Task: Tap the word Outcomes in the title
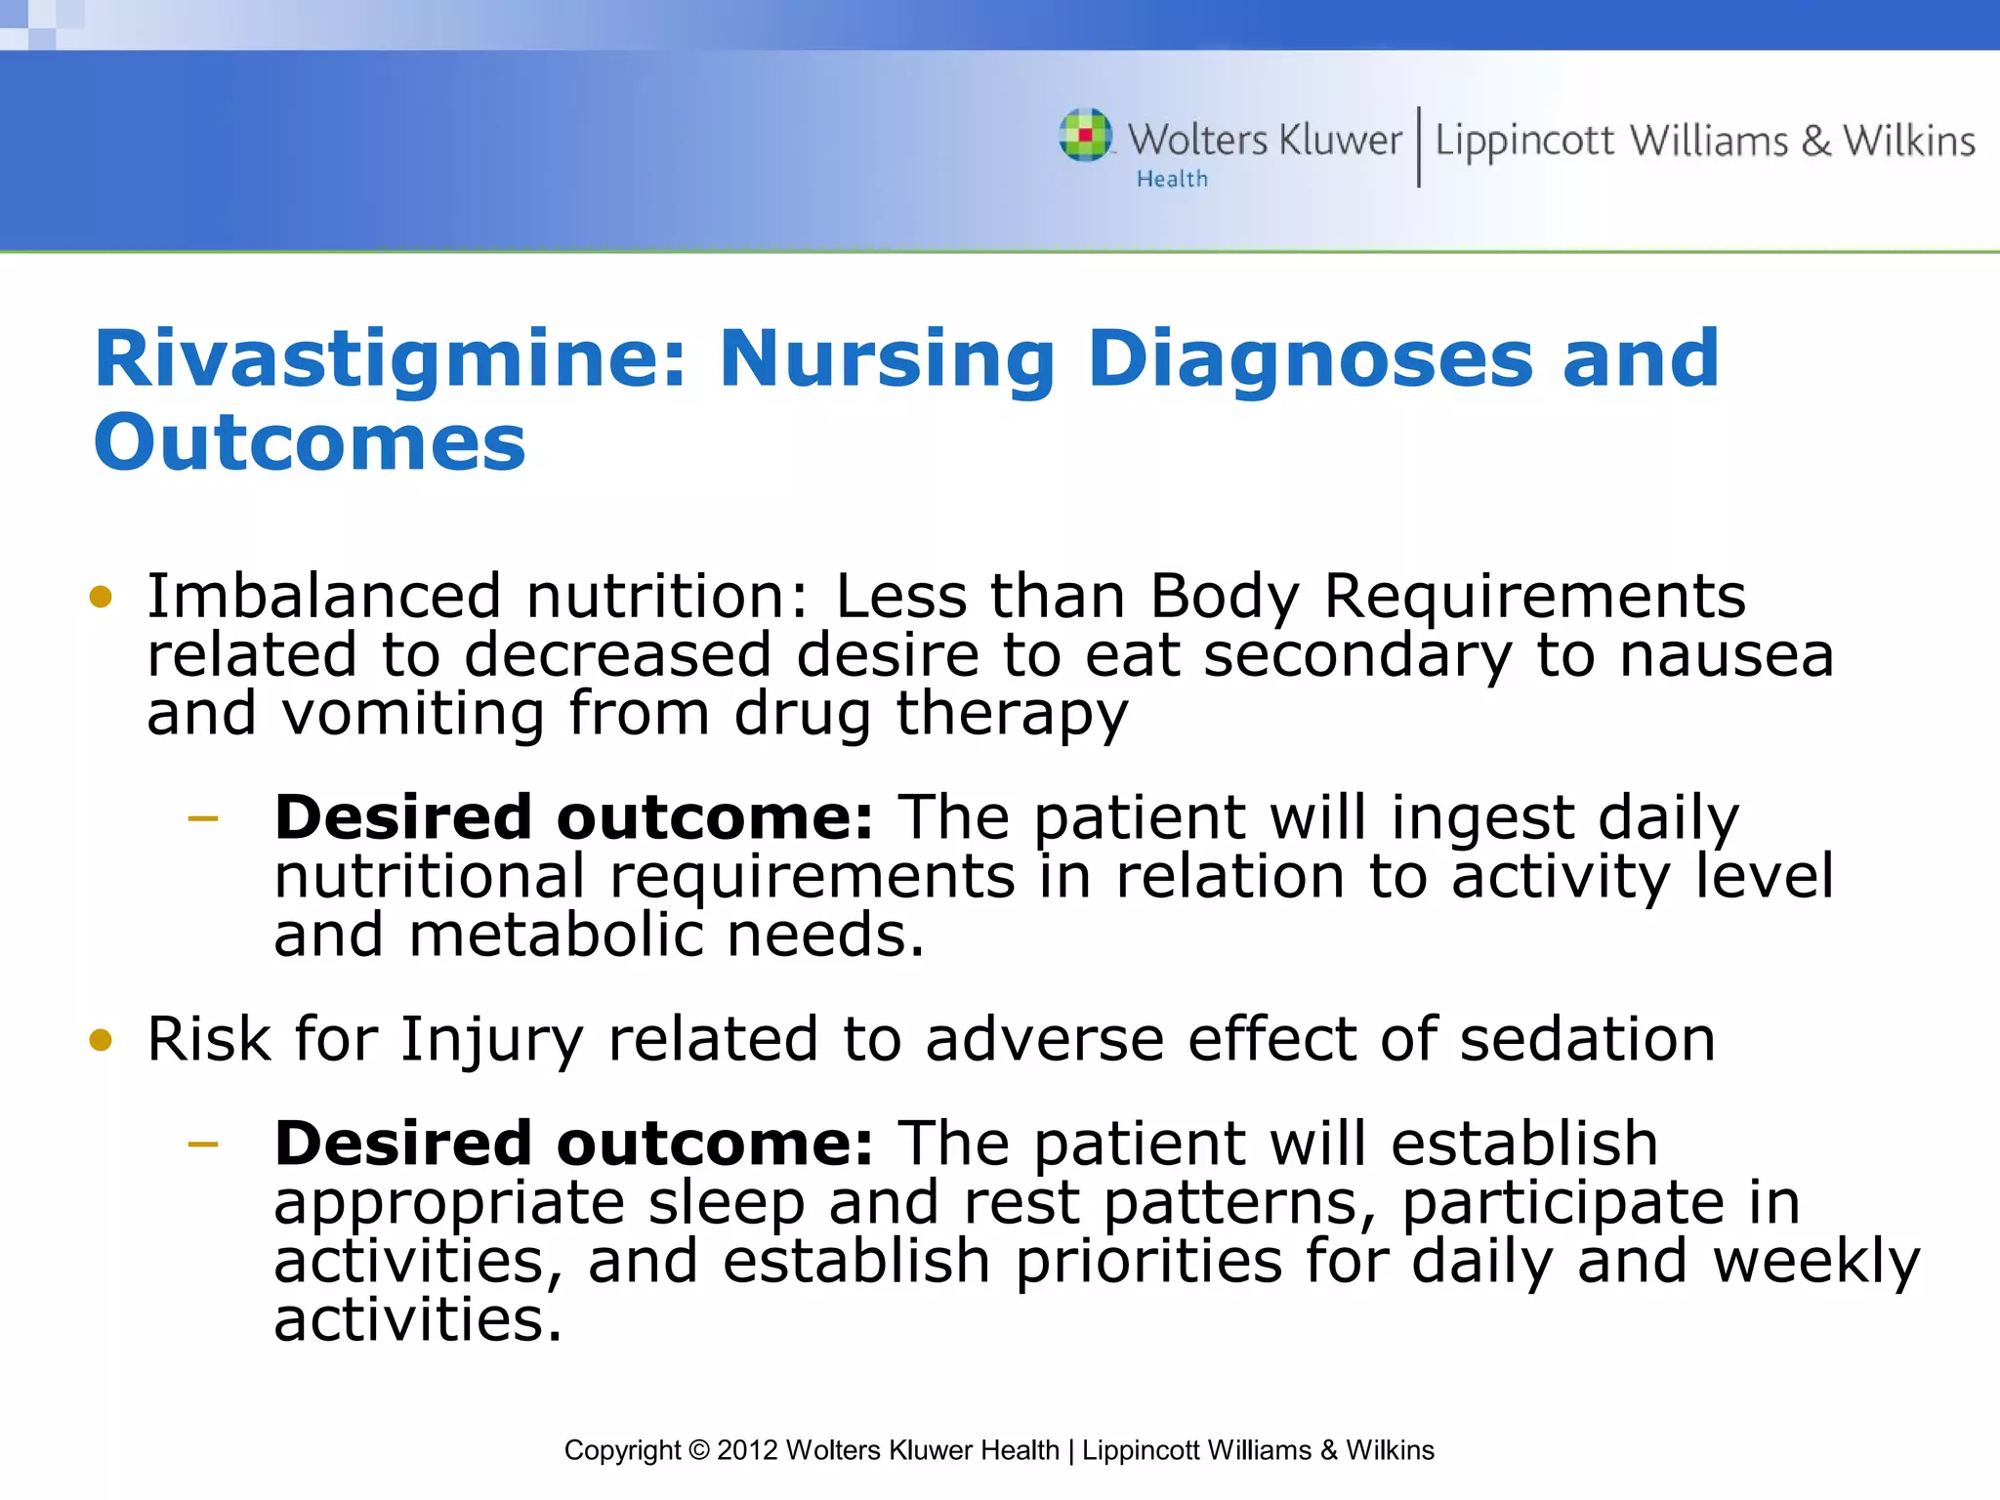(310, 442)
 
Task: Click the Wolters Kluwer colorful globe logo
(1085, 135)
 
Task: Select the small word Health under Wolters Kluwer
(1171, 180)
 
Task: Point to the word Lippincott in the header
(1523, 142)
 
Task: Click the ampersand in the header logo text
(1815, 142)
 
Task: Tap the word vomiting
(413, 713)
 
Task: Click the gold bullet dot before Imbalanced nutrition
(101, 596)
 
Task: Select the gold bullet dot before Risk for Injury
(101, 1039)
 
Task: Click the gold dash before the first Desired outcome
(203, 818)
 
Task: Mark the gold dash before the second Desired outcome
(203, 1144)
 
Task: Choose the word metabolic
(556, 935)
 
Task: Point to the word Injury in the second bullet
(491, 1040)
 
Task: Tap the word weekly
(1816, 1261)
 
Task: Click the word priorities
(1148, 1261)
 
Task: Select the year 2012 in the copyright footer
(747, 1450)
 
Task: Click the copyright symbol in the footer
(698, 1450)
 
